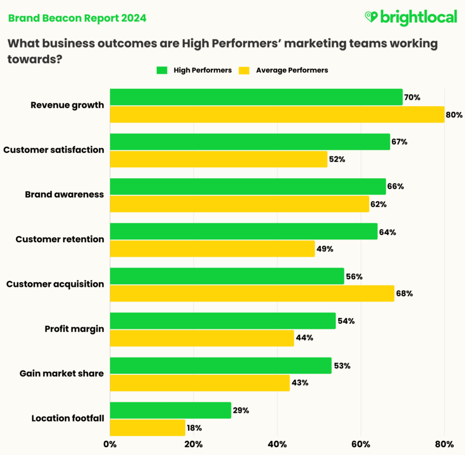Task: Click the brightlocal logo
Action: click(410, 17)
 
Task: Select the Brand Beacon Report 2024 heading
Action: click(77, 18)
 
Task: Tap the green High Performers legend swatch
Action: click(162, 70)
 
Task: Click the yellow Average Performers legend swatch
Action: click(244, 70)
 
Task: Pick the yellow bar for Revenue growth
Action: click(277, 114)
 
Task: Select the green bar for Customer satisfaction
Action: click(250, 142)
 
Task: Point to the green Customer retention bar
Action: click(243, 231)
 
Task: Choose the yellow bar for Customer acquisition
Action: click(252, 294)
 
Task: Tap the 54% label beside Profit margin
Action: click(346, 321)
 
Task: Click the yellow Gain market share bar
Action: click(200, 383)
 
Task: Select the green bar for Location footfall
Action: click(170, 410)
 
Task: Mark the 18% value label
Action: click(194, 428)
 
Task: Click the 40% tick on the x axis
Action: click(277, 444)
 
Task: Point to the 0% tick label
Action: click(110, 444)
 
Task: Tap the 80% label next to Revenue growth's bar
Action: click(454, 115)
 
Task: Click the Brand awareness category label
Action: click(64, 194)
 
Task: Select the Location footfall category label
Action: click(68, 418)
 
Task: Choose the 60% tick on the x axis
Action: click(361, 444)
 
